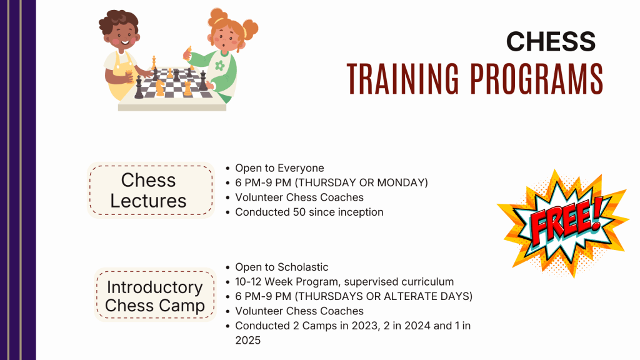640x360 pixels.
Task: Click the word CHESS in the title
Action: [x=551, y=42]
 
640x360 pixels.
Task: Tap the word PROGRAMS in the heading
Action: [x=537, y=79]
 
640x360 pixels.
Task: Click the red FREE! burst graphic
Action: [x=563, y=223]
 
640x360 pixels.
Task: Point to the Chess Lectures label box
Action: [x=151, y=190]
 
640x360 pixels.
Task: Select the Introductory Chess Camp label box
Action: [x=155, y=295]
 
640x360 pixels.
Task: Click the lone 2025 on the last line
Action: [x=247, y=341]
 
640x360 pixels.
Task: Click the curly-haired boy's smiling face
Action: [x=124, y=36]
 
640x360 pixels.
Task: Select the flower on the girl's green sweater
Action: [x=220, y=65]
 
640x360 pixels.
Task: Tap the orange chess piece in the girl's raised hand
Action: [x=188, y=54]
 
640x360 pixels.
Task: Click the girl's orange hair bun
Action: [x=250, y=29]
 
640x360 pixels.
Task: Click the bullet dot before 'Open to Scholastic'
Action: [x=227, y=267]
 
